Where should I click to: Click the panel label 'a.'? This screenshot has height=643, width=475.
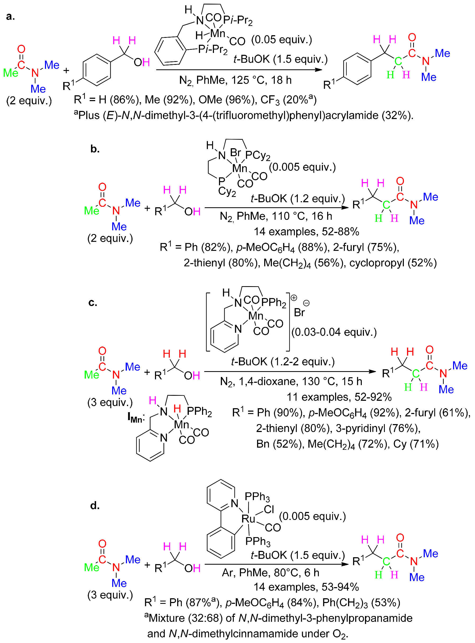pos(10,16)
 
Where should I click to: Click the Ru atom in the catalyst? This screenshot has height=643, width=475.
pos(248,519)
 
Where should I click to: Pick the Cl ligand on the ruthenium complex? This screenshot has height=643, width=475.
pos(269,509)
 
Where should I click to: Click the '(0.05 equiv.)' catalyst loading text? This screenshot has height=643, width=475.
pos(281,40)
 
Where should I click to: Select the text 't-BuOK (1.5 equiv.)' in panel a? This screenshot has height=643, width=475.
pos(280,59)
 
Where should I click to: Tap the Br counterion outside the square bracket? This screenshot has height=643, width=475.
pos(299,313)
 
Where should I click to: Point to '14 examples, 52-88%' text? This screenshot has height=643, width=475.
pos(306,231)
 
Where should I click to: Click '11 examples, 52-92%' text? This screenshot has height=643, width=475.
pos(339,397)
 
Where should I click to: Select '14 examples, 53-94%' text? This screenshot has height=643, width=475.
pos(306,587)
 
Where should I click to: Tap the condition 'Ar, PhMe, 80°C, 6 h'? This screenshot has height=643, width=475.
pos(271,573)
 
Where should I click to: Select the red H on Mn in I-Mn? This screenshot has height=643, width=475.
pos(177,408)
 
